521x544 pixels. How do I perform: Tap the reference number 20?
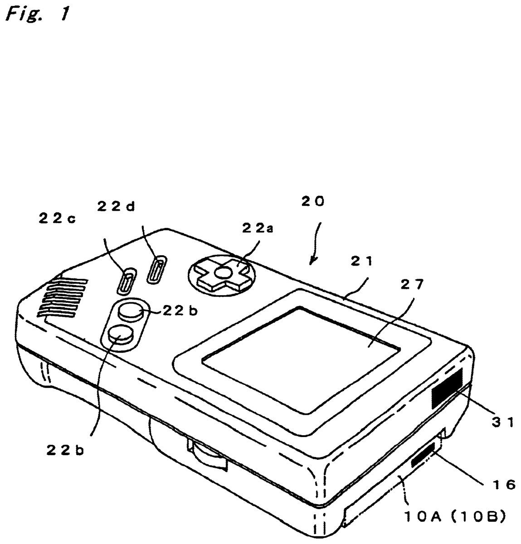click(313, 202)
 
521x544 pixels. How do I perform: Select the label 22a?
click(257, 228)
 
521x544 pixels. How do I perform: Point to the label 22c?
click(57, 219)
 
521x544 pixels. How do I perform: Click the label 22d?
click(116, 206)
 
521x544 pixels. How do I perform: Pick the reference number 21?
click(362, 261)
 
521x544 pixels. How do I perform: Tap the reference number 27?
click(412, 285)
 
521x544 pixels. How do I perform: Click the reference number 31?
click(503, 422)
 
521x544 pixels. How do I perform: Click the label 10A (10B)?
click(455, 517)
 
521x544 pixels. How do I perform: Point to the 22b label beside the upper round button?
click(180, 311)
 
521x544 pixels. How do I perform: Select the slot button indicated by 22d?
click(156, 270)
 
